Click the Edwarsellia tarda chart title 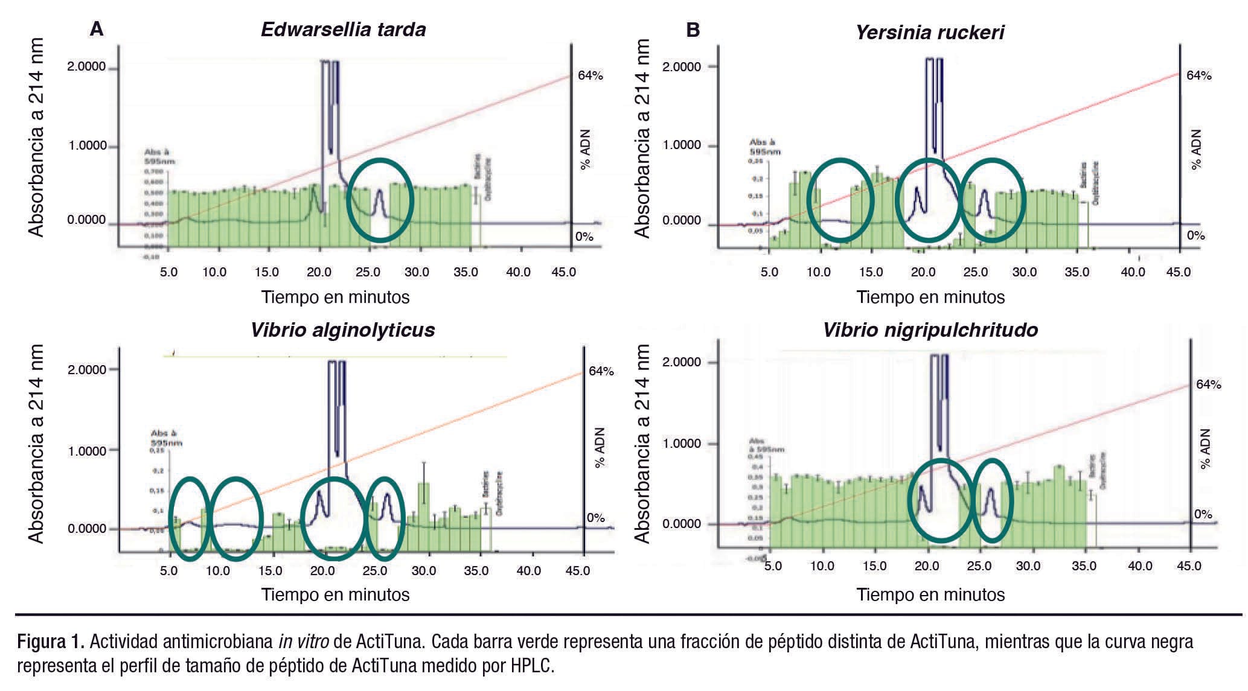tap(343, 30)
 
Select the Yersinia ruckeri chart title tap(929, 32)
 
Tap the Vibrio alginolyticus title tap(342, 330)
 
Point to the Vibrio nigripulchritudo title tap(930, 330)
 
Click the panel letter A tap(96, 29)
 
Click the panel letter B tap(693, 29)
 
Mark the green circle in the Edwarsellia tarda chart tap(380, 200)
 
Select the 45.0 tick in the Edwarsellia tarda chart tap(563, 272)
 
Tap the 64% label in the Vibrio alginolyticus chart tap(601, 371)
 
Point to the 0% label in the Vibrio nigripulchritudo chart tap(1203, 514)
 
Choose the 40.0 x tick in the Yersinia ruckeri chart tap(1133, 272)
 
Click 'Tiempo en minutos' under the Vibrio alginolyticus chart tap(335, 594)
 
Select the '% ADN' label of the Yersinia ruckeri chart tap(1195, 149)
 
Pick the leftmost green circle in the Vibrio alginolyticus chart tap(190, 518)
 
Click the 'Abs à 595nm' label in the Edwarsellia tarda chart tap(160, 157)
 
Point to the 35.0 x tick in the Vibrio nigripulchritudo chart tap(1083, 566)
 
